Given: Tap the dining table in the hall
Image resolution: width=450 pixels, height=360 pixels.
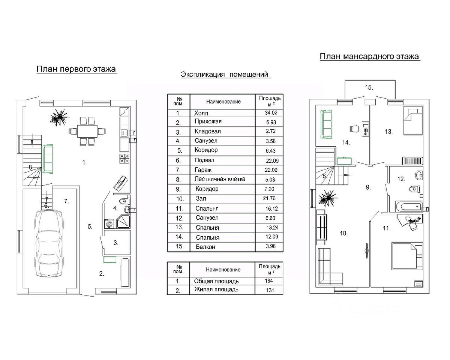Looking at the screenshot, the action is click(87, 131).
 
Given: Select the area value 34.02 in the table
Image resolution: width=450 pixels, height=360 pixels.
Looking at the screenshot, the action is click(271, 113).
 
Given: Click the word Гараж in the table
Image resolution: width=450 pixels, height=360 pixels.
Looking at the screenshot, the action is click(203, 170).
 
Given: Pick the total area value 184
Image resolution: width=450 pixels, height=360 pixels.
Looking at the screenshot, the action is click(269, 281).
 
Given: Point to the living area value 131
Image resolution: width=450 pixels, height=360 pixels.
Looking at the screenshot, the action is click(270, 290).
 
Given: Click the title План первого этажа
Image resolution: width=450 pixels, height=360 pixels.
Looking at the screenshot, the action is click(76, 69).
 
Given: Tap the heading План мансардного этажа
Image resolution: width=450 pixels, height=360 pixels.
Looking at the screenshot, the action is click(369, 57).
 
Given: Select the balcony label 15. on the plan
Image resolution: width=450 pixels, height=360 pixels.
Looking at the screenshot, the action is click(369, 87).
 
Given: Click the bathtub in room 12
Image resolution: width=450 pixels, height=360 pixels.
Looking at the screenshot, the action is click(409, 207).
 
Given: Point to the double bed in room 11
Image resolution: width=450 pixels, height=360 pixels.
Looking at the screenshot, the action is click(407, 256).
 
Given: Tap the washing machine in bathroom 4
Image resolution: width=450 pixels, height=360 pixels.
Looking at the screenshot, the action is click(109, 223).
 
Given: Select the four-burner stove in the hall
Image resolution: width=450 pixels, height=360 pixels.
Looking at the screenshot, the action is click(124, 159).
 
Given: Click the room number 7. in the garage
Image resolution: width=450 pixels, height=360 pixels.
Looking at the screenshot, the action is click(66, 201).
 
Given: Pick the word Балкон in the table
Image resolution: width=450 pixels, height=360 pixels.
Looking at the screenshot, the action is click(205, 247).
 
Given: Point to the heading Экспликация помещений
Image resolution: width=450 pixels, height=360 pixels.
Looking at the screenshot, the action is click(224, 74).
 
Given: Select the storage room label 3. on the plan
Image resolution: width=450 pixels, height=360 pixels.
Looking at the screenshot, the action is click(116, 243).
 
